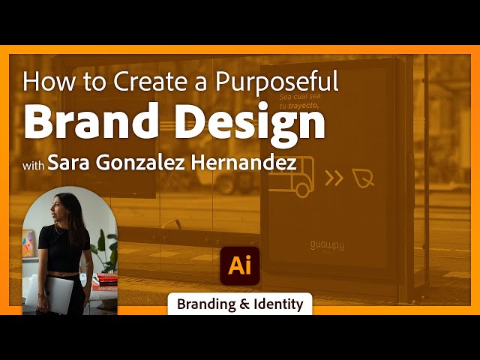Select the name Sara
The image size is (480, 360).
tap(70, 163)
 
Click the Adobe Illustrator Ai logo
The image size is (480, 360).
tap(239, 265)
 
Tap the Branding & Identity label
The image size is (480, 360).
tap(240, 304)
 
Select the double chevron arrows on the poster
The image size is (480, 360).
tap(334, 178)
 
